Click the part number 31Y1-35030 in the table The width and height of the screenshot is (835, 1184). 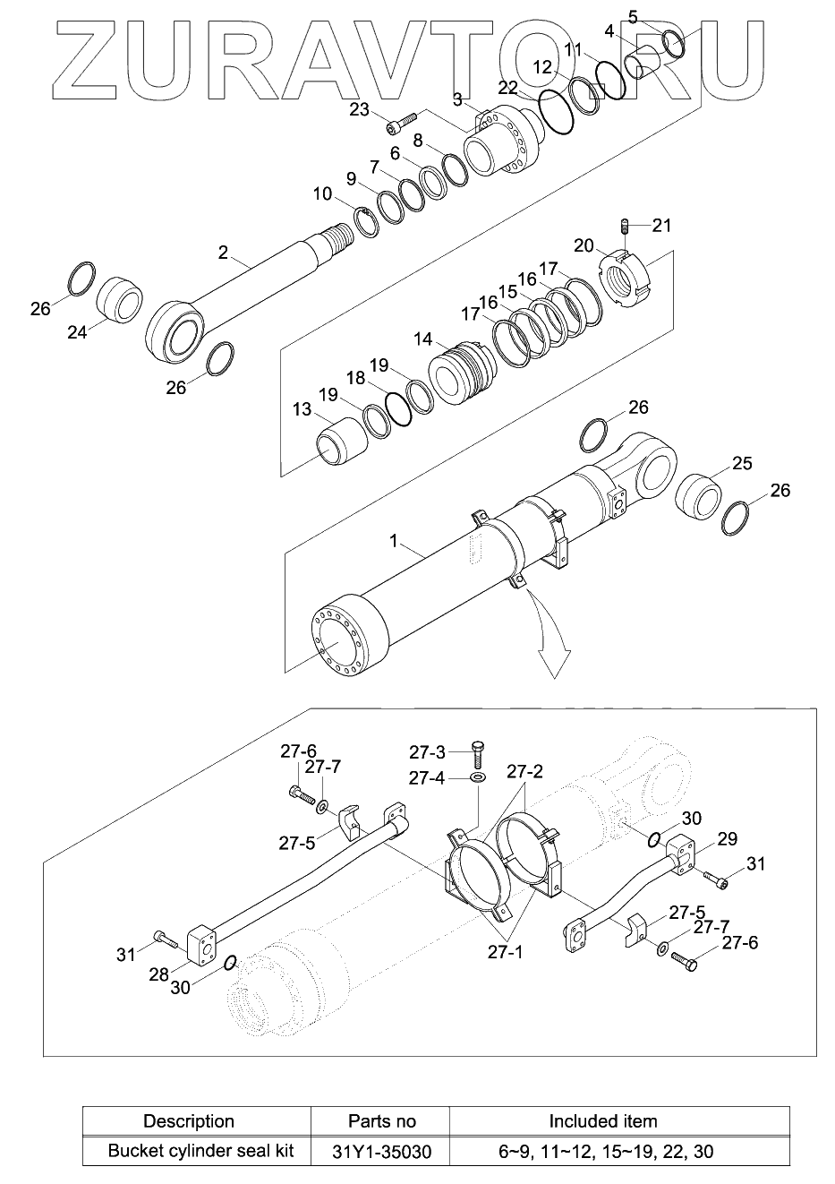(x=381, y=1151)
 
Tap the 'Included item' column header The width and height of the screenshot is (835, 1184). (x=602, y=1121)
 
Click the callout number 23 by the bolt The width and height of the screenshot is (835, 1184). (x=359, y=110)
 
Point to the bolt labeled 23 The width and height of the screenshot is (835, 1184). (x=402, y=121)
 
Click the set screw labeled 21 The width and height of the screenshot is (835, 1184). (x=625, y=225)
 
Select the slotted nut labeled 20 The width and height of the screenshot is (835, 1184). (x=626, y=280)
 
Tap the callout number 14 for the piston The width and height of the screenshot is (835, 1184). (x=422, y=339)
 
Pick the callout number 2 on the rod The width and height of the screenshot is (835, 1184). (x=223, y=253)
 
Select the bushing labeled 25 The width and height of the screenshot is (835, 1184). (x=699, y=496)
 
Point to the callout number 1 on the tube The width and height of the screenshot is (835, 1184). (x=393, y=541)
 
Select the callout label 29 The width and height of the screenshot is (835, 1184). (x=727, y=838)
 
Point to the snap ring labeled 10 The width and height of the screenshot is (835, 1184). (x=365, y=223)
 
